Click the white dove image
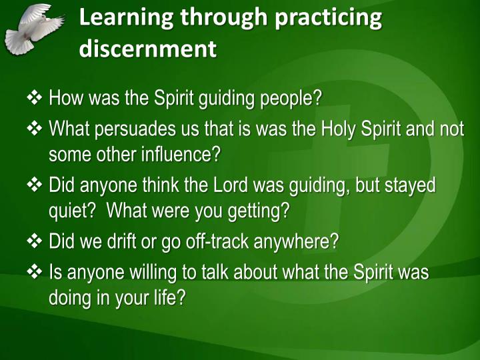[x=33, y=28]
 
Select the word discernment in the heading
[x=148, y=49]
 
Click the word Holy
[x=339, y=128]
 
